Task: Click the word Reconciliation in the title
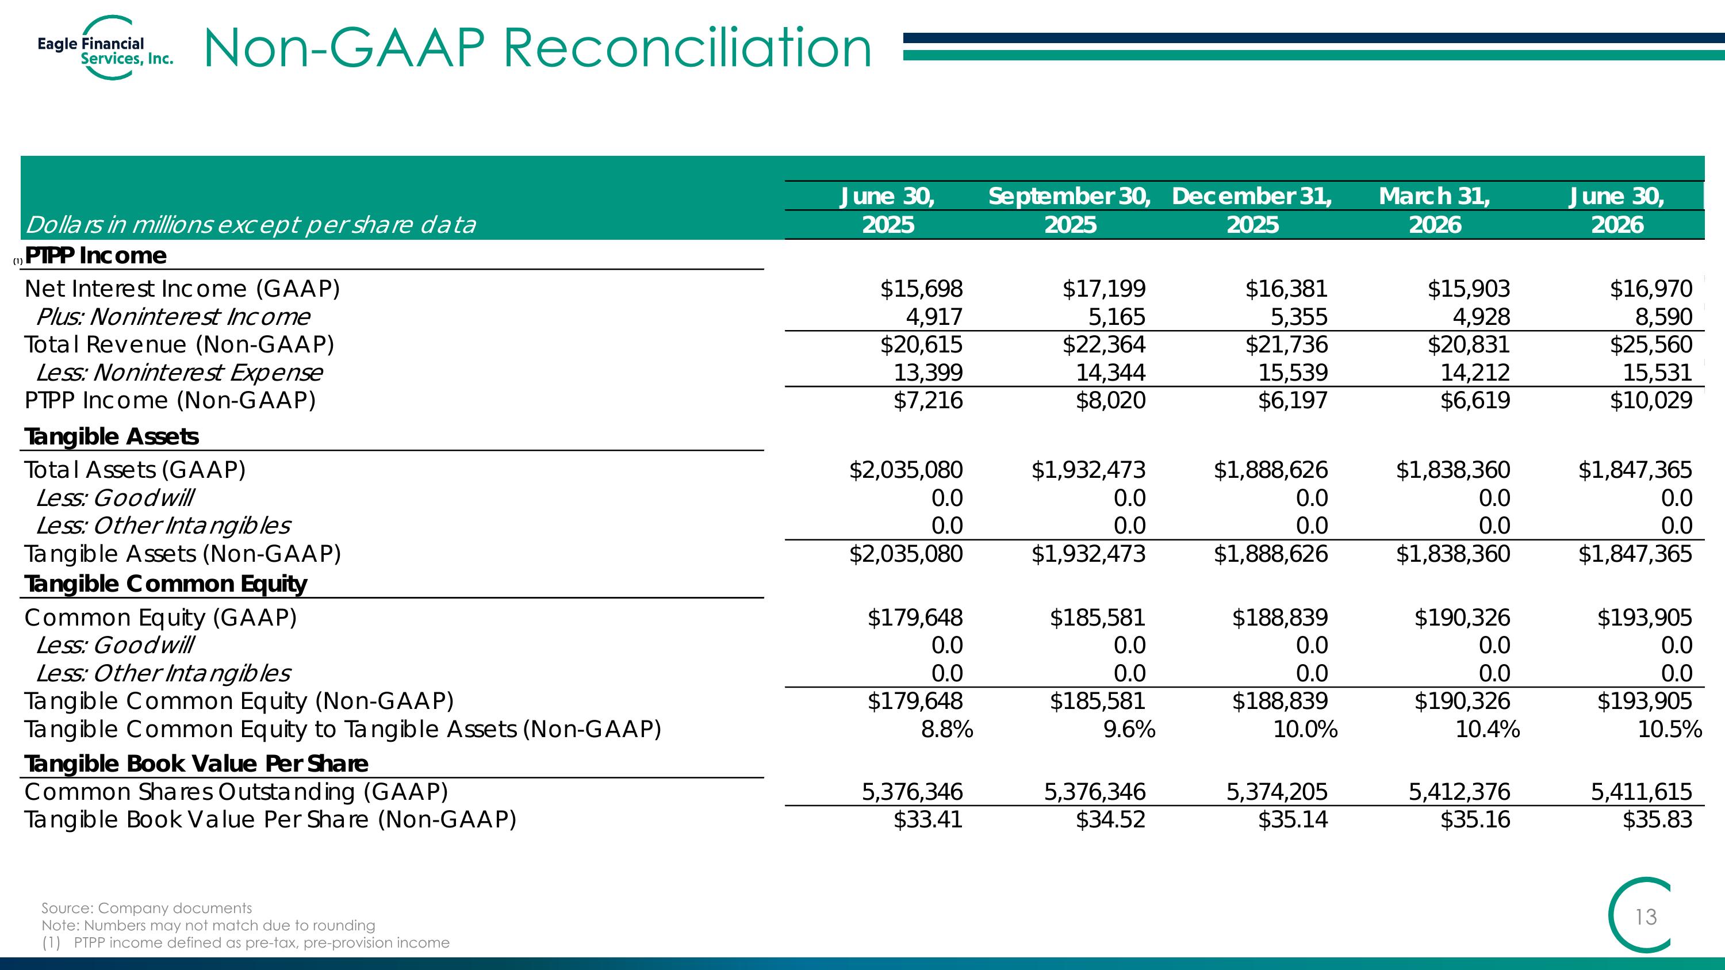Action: [687, 48]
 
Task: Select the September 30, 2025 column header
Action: [1069, 210]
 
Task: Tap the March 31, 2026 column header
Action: [1435, 210]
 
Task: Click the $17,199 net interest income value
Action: [1103, 289]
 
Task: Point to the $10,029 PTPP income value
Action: [1651, 400]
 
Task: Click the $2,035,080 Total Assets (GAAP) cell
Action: [906, 470]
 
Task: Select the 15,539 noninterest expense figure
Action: [1293, 372]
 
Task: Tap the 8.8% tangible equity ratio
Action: [947, 729]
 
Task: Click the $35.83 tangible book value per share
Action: [1657, 819]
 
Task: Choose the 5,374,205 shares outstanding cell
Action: [1277, 792]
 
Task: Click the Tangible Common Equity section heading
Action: [166, 584]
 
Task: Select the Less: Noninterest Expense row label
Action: [179, 372]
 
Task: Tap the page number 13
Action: [1646, 917]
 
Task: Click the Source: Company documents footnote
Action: [147, 908]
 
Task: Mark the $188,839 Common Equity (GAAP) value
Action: [1280, 617]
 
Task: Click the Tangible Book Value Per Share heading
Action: [196, 764]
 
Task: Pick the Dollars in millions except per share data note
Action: [251, 225]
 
